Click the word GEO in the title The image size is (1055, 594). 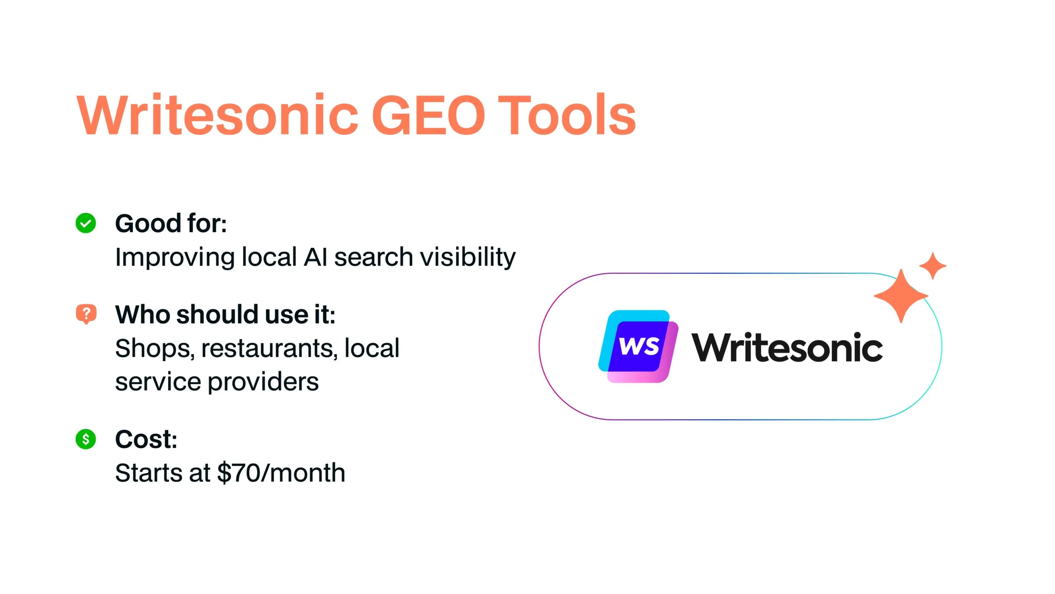[429, 114]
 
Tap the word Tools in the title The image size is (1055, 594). [567, 114]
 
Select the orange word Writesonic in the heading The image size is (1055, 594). [218, 114]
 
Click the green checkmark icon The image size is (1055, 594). [86, 223]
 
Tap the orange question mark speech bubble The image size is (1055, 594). [86, 314]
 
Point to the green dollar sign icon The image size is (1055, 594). [86, 439]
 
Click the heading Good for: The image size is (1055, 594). [171, 223]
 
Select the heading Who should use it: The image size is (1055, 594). [225, 315]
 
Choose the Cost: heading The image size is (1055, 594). [146, 439]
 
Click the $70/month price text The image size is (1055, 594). [281, 472]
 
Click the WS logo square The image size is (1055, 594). [638, 346]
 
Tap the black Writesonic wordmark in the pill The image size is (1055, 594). [787, 347]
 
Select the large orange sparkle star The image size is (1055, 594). [901, 296]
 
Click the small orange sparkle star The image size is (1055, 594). [933, 266]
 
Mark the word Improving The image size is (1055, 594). [175, 258]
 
